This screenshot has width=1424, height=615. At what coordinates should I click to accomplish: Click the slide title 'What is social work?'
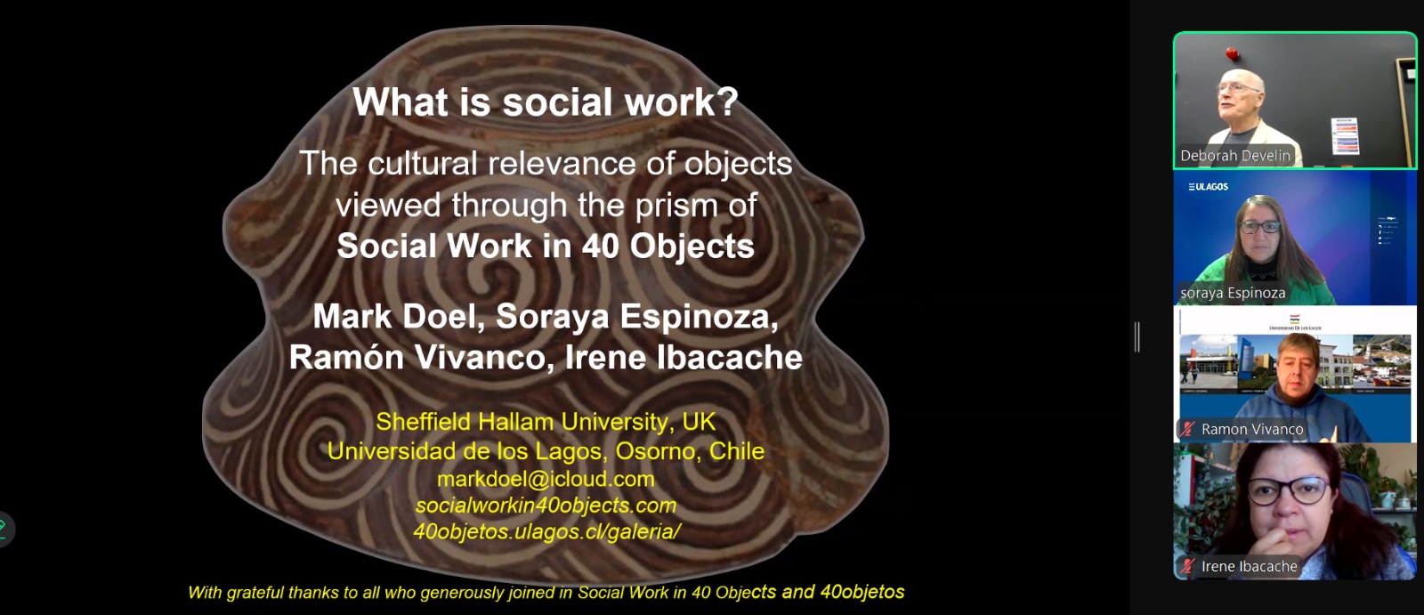[x=546, y=101]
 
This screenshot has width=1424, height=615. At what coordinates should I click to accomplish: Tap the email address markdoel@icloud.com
[x=546, y=479]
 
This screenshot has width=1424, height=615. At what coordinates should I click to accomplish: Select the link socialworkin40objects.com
[x=546, y=506]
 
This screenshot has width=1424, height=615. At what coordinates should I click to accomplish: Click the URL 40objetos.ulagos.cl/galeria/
[x=546, y=531]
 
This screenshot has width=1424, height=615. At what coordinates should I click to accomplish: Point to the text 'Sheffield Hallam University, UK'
[x=546, y=422]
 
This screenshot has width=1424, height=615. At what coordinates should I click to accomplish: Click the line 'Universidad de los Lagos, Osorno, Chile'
[x=546, y=451]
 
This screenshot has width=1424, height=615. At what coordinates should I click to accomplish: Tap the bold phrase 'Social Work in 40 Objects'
[x=546, y=247]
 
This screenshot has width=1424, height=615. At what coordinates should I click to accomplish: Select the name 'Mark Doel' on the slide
[x=398, y=317]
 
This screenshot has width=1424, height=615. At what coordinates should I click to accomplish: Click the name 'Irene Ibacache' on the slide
[x=684, y=358]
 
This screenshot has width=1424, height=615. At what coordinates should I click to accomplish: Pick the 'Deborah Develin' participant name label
[x=1234, y=156]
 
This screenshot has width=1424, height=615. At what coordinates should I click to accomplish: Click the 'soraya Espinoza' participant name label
[x=1233, y=293]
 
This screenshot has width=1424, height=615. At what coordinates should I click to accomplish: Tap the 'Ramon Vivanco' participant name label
[x=1251, y=430]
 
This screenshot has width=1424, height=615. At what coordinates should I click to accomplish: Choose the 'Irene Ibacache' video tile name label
[x=1249, y=567]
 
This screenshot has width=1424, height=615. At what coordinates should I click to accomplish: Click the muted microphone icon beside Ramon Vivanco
[x=1187, y=430]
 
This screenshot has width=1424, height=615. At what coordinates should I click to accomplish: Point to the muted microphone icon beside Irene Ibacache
[x=1187, y=567]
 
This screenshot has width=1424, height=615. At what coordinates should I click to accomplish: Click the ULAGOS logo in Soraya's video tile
[x=1208, y=187]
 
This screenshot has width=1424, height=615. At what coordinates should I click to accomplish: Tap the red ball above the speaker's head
[x=1233, y=54]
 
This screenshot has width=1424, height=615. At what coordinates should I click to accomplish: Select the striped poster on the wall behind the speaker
[x=1344, y=135]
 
